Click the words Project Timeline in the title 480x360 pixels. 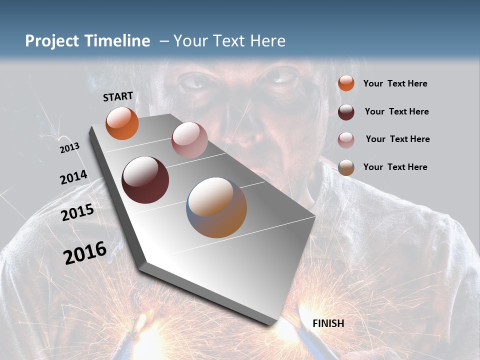(x=87, y=41)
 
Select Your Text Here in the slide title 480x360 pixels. (x=229, y=41)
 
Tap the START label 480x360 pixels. (x=118, y=96)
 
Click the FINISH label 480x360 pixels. (x=328, y=323)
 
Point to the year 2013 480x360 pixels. (x=69, y=148)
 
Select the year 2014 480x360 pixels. (x=73, y=177)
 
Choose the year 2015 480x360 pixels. (x=77, y=212)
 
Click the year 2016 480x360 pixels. (x=84, y=253)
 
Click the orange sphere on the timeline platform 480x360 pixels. (x=122, y=123)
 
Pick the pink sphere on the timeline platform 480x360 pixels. (x=189, y=140)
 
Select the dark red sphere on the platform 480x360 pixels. (x=145, y=180)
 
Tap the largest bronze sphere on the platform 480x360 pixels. (x=216, y=207)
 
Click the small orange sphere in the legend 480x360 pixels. (x=346, y=83)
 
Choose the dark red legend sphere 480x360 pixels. (x=346, y=112)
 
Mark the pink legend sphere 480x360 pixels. (x=346, y=140)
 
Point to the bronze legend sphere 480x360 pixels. (x=346, y=167)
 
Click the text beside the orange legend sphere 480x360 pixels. (x=395, y=84)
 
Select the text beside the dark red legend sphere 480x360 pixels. (x=396, y=111)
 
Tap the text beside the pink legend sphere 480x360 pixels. (x=397, y=139)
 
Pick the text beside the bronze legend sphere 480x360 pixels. (x=395, y=167)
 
